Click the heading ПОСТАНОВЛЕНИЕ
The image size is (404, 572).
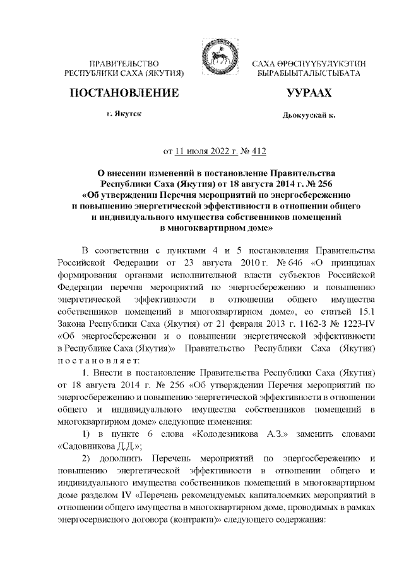(x=123, y=93)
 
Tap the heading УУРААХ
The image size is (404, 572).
(x=309, y=93)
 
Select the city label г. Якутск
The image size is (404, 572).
(x=124, y=114)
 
